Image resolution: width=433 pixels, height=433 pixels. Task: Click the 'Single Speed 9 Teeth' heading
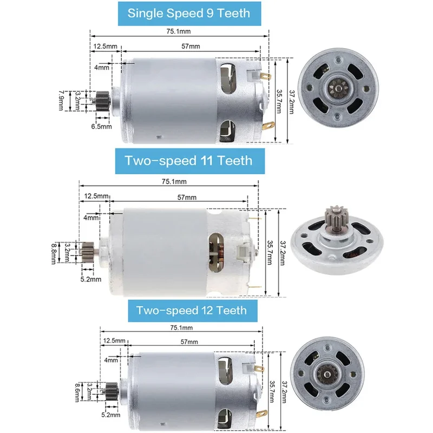coord(189,13)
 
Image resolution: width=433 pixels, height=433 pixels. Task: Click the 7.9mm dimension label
coord(61,101)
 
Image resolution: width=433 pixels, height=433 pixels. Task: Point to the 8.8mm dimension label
coord(54,253)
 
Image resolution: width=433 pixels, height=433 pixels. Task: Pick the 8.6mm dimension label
coord(78,392)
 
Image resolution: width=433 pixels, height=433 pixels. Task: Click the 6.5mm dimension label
coord(102,127)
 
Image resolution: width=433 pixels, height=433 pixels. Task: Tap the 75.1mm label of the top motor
coord(179,31)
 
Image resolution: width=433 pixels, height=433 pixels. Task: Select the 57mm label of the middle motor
coord(187,198)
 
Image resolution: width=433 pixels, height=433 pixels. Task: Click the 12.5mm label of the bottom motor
coord(114,340)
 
